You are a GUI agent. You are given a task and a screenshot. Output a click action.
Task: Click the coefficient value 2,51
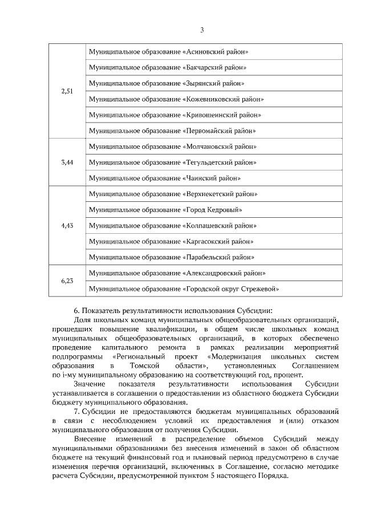[x=67, y=91]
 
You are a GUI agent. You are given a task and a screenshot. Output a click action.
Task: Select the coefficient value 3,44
[x=67, y=162]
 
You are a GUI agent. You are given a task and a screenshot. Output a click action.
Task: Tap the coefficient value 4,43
[x=67, y=225]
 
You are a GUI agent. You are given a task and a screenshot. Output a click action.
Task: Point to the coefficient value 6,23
[x=67, y=281]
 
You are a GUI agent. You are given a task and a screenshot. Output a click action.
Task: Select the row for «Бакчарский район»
[x=168, y=67]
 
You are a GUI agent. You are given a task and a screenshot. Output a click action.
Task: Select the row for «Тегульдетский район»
[x=172, y=162]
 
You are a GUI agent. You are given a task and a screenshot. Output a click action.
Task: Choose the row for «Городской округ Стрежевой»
[x=184, y=289]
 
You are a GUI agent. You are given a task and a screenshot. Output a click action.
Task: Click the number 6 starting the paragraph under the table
[x=76, y=311]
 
